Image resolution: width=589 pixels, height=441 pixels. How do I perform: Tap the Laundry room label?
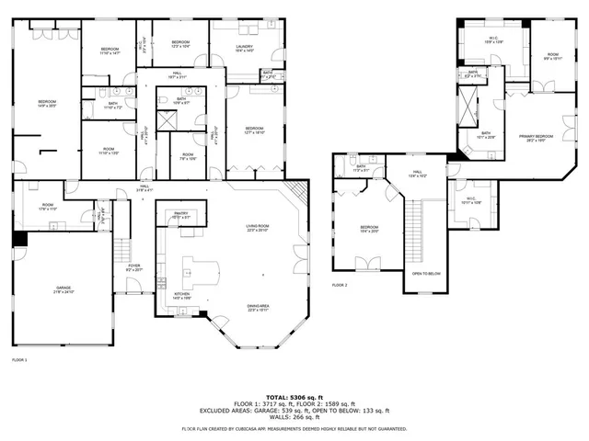pos(244,48)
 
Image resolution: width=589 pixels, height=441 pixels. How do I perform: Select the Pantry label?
pos(180,215)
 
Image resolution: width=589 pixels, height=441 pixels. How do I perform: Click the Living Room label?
pos(256,228)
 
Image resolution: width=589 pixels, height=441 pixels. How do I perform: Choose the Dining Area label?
pos(258,308)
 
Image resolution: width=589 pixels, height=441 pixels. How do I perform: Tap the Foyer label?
pos(133,267)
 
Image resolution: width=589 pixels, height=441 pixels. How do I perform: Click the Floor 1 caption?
pos(19,359)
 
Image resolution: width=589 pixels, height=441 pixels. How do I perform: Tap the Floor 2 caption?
pos(340,285)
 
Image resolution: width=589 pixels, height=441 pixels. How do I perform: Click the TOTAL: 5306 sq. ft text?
pos(294,395)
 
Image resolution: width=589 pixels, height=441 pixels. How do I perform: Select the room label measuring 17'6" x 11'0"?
pos(47,208)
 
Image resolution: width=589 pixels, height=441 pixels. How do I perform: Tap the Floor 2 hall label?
pos(417,173)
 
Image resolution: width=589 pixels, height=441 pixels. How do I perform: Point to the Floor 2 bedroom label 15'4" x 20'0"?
pos(369,229)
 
